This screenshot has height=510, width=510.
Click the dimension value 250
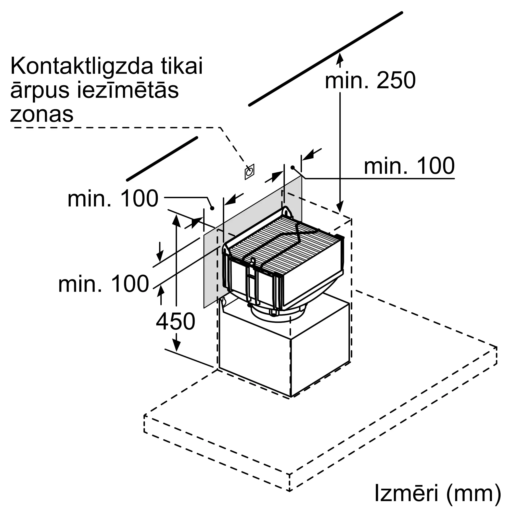point(396,80)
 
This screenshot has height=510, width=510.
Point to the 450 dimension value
point(175,322)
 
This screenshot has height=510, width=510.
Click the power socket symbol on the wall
point(249,172)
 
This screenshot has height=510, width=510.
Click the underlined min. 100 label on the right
point(409,166)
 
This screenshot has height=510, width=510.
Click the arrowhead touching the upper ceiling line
point(340,58)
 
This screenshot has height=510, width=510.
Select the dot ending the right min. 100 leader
point(292,167)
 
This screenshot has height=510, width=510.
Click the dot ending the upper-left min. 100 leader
point(212,208)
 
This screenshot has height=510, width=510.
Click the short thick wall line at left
point(162,159)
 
